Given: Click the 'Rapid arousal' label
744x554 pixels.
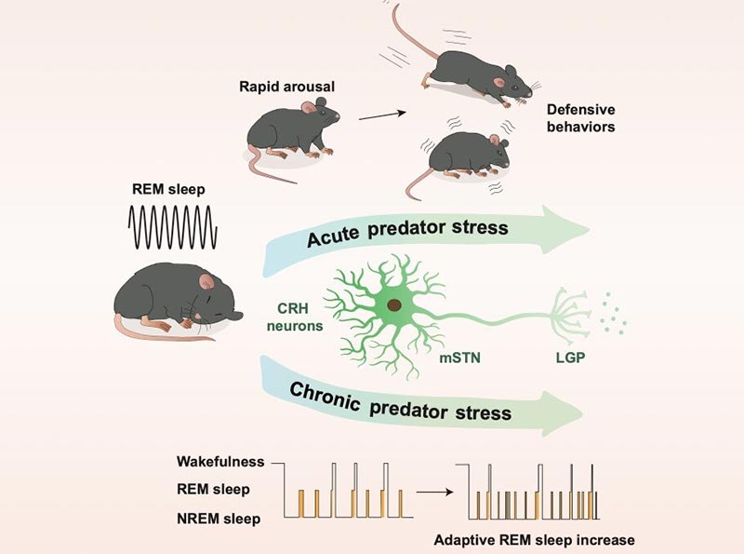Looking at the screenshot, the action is click(x=286, y=87).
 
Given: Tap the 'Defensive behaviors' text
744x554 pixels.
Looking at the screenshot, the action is click(x=580, y=118).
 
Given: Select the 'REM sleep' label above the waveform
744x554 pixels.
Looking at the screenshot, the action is click(x=168, y=190).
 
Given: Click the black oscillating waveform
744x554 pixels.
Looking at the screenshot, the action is click(x=173, y=227).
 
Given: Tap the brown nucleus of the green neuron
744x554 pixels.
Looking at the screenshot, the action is click(x=394, y=305).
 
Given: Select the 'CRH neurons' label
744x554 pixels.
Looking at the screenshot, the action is click(x=294, y=317).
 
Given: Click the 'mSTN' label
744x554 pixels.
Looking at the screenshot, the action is click(x=459, y=358).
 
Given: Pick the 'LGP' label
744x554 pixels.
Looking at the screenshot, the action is click(x=570, y=358).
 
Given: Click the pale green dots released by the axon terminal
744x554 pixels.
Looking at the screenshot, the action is click(x=613, y=314).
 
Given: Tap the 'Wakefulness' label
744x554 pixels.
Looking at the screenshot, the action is click(x=220, y=461).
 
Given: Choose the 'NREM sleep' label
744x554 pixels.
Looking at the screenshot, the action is click(x=219, y=519).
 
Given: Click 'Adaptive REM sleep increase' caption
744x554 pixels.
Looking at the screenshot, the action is click(x=534, y=540).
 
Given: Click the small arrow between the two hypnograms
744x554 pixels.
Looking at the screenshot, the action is click(x=434, y=493).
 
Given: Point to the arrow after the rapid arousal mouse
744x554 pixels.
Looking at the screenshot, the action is click(x=382, y=115).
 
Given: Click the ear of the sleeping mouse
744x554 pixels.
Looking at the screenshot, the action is click(x=206, y=282).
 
